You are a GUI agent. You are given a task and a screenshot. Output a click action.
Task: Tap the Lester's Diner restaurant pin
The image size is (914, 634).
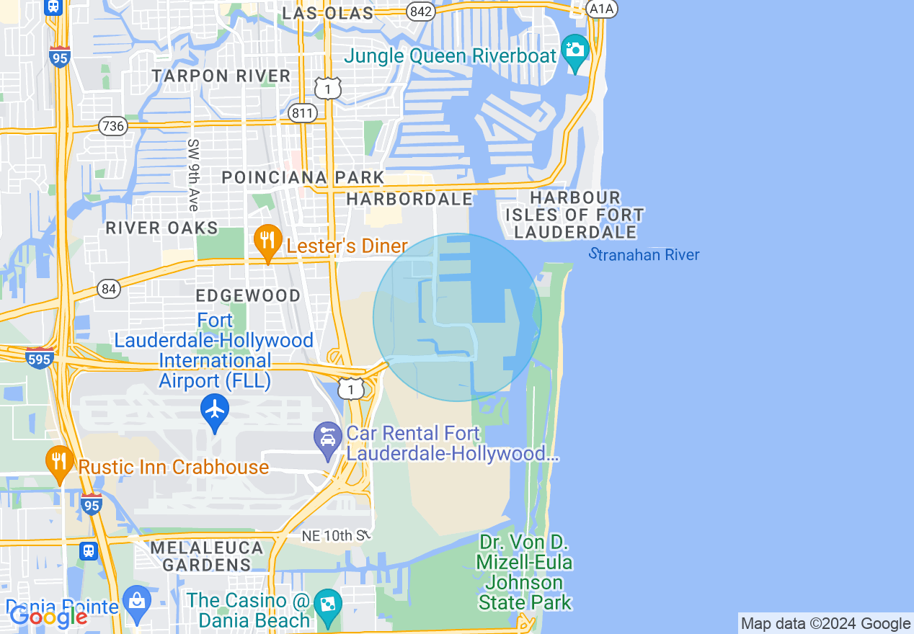click(x=267, y=242)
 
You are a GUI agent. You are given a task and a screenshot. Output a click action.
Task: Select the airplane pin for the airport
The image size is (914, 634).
click(x=215, y=411)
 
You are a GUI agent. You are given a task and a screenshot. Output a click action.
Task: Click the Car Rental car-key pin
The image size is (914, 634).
click(x=328, y=439)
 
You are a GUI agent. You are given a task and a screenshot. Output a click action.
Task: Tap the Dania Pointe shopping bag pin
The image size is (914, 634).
click(x=136, y=599)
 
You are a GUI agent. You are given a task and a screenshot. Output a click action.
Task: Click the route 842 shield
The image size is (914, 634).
click(x=420, y=11)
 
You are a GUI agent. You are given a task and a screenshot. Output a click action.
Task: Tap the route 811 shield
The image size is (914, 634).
click(x=302, y=113)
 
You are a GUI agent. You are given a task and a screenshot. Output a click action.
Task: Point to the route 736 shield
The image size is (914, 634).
click(x=114, y=126)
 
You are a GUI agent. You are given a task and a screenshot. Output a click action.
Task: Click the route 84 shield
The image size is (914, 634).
click(x=108, y=289)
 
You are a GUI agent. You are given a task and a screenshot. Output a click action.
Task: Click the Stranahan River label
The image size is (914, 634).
click(x=644, y=254)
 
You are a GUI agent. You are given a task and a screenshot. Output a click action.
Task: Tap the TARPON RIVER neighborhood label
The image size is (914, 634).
click(x=221, y=76)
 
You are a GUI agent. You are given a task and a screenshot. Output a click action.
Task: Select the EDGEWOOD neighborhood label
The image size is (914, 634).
click(x=248, y=295)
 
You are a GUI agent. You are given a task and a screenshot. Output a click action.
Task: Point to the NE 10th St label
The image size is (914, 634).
click(x=337, y=536)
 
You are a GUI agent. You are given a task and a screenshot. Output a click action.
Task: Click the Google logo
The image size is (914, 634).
click(x=48, y=617)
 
